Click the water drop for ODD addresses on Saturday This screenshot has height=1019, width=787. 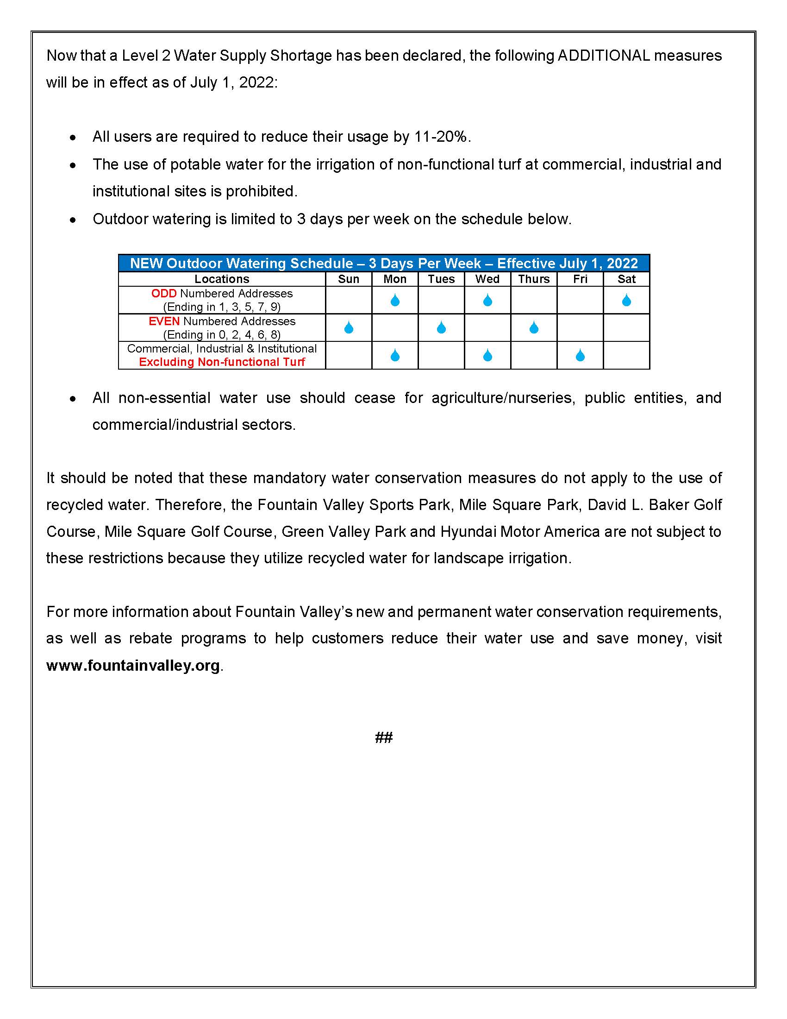coord(626,300)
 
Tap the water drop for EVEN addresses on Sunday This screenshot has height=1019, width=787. coord(348,327)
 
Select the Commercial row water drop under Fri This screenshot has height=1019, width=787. coord(580,356)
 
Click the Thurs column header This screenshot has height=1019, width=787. coord(534,279)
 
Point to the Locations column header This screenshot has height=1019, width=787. coord(221,279)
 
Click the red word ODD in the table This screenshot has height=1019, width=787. coord(163,294)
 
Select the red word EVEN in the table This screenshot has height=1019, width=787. coord(164,321)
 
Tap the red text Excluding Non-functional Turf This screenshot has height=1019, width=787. coord(222,362)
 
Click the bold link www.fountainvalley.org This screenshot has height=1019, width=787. coord(133,665)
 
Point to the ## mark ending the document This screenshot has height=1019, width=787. coord(384,738)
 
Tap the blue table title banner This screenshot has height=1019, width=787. coord(384,263)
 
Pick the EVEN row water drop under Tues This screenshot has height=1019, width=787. coord(441,327)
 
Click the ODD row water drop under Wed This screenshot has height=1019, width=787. coord(487,300)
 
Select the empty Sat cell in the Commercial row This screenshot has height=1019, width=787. coord(626,356)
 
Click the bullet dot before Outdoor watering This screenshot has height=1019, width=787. coord(73,220)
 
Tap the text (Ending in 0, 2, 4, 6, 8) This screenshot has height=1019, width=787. coord(222,334)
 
